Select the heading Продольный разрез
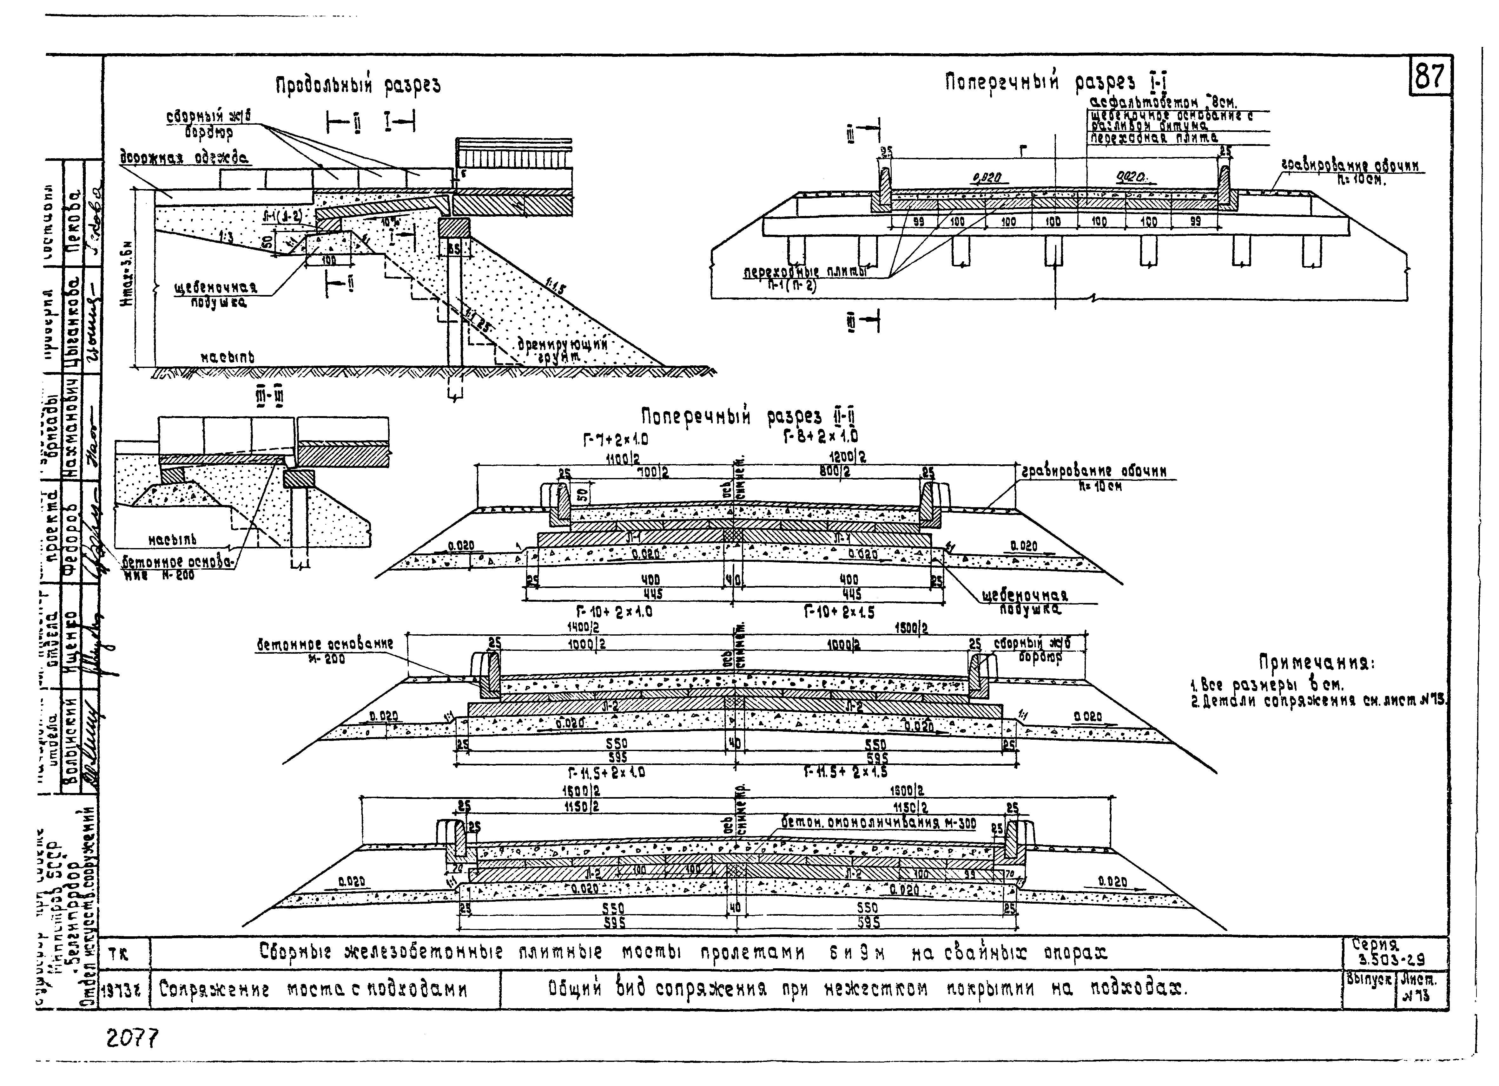(x=358, y=86)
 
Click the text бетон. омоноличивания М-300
(x=877, y=823)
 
